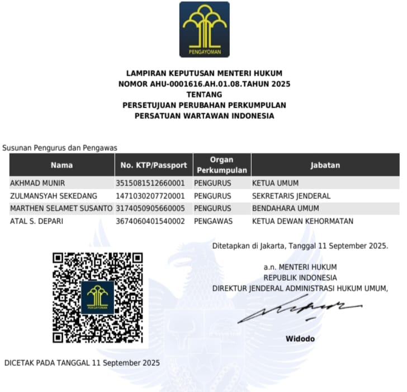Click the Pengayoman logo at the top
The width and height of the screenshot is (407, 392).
click(204, 29)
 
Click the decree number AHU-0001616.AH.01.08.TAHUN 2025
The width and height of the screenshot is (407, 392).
click(204, 83)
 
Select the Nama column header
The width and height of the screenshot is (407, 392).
click(61, 165)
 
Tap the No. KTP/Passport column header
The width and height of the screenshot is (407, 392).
click(154, 165)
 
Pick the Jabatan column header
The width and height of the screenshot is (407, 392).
click(325, 165)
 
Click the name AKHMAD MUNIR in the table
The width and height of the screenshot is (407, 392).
click(37, 183)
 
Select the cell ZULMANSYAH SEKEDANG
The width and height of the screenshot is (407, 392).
click(54, 196)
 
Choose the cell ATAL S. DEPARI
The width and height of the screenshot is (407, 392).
click(36, 221)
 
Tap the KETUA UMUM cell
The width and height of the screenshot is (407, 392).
click(275, 183)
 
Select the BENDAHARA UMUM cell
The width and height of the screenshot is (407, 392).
click(285, 208)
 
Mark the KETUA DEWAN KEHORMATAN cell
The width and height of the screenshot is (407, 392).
click(302, 221)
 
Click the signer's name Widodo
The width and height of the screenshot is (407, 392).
click(300, 339)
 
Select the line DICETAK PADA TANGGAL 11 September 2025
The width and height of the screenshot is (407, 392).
click(82, 362)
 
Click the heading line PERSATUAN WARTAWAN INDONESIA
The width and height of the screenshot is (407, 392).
click(204, 116)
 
